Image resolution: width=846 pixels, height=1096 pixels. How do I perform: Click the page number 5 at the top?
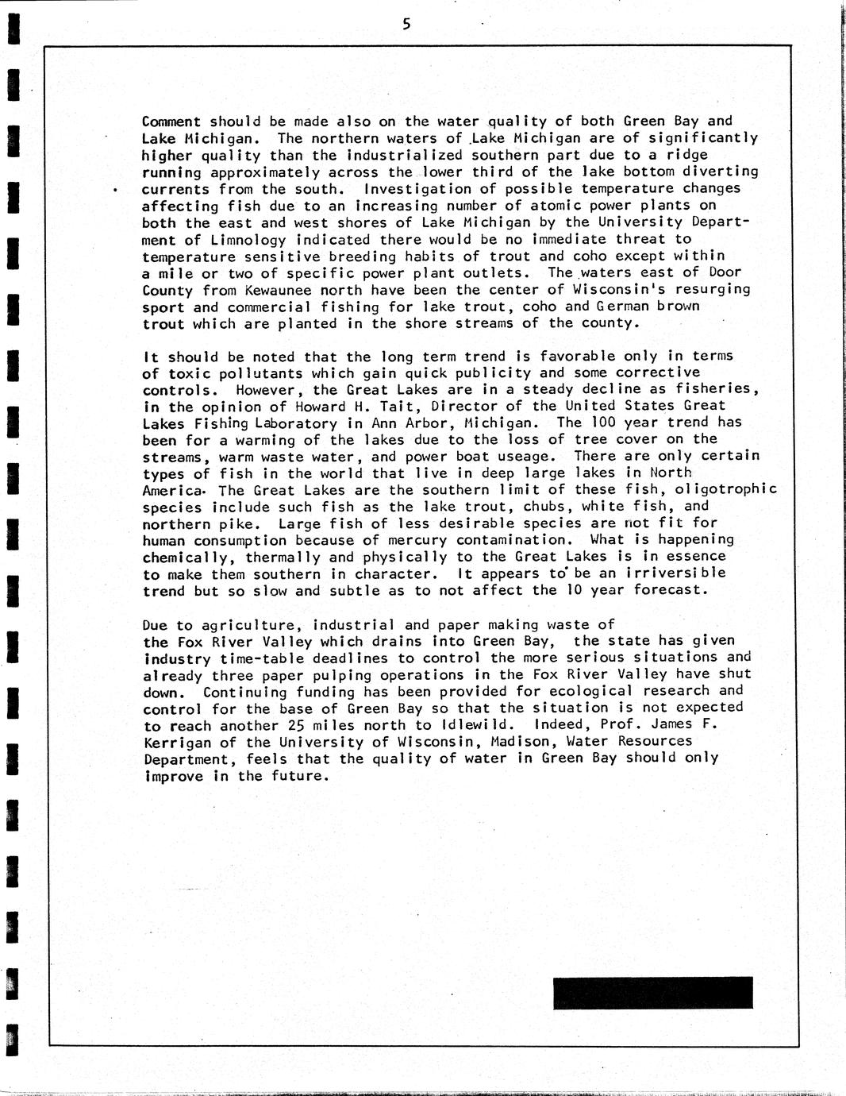point(406,25)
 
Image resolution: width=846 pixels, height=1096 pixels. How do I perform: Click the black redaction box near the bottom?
point(652,993)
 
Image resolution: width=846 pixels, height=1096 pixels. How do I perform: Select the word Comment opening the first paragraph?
point(171,122)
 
